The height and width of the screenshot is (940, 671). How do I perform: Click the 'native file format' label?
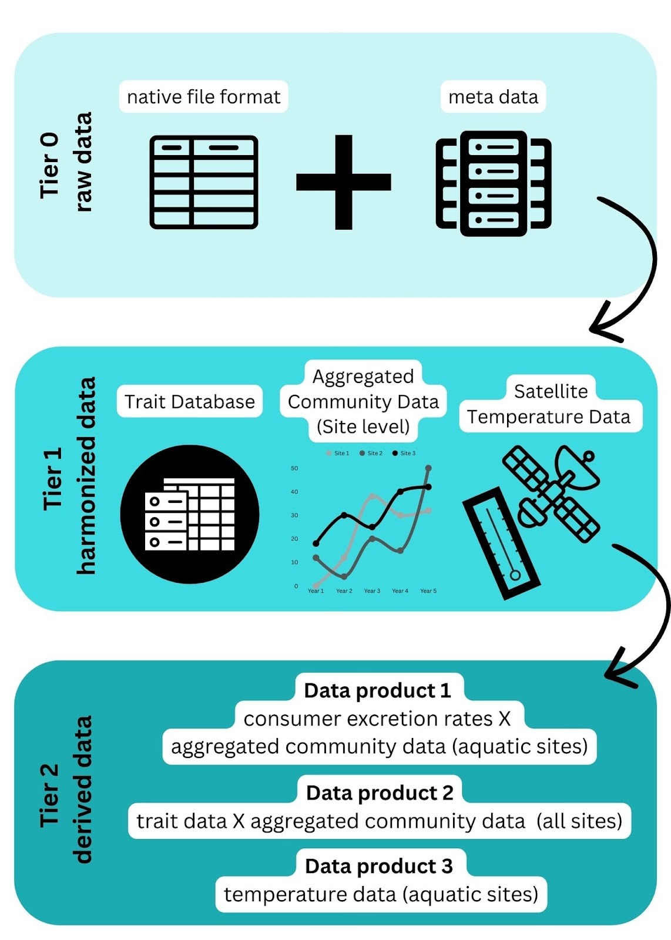tap(203, 97)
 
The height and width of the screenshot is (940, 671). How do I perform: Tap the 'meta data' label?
tap(493, 97)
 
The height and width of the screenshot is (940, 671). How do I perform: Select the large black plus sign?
tap(343, 182)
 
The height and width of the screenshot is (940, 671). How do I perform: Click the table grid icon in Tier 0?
tap(204, 182)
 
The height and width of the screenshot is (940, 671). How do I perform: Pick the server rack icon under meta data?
tap(494, 183)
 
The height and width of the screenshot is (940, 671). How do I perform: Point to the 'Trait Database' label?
tap(189, 402)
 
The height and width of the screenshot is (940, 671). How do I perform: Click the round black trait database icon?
tap(189, 515)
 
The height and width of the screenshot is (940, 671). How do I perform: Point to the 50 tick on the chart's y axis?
tap(294, 468)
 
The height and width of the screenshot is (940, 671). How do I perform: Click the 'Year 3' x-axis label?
tap(372, 591)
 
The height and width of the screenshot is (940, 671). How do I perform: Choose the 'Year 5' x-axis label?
tap(428, 591)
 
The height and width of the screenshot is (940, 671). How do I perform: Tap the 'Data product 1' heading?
tap(377, 691)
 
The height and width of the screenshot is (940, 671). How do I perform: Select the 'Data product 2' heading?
tap(380, 793)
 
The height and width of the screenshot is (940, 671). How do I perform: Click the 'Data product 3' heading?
tap(379, 867)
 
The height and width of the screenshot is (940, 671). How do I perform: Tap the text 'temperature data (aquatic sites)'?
tap(381, 895)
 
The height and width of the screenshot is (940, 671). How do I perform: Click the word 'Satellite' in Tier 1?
tap(551, 391)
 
